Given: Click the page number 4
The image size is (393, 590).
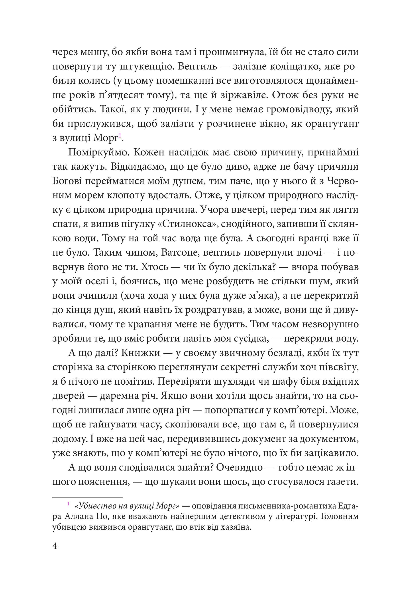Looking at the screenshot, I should tap(55, 546).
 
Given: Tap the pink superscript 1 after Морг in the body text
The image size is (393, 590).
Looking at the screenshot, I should tap(120, 136).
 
